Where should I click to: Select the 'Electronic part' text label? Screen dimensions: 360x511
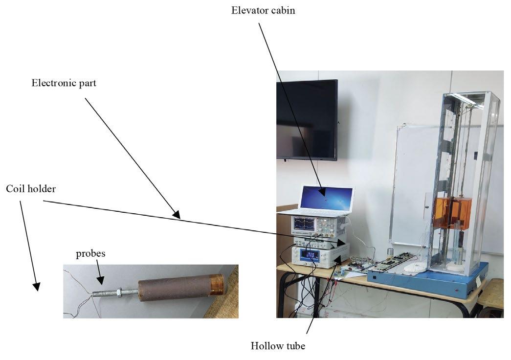click(64, 83)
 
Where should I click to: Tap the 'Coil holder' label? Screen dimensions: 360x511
click(31, 188)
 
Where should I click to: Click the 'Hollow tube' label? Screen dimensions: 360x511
click(278, 346)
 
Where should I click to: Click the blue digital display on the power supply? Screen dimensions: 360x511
click(309, 254)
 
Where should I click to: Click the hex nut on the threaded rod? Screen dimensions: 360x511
click(119, 292)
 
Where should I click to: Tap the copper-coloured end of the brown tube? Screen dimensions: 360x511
click(217, 284)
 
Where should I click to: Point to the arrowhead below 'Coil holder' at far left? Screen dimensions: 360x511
click(36, 286)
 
